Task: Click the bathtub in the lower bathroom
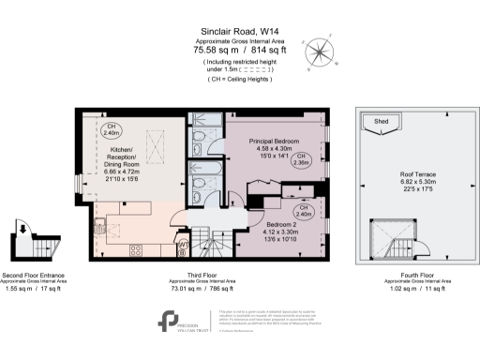pyautogui.click(x=202, y=172)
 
